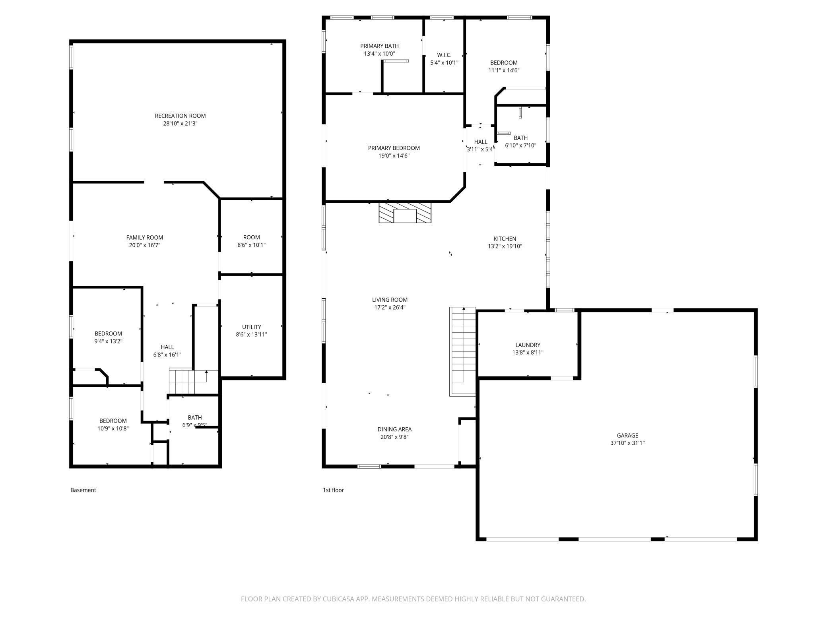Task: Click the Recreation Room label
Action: [180, 116]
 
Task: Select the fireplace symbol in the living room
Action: [405, 213]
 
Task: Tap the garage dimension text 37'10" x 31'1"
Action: [627, 443]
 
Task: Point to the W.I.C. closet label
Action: [444, 55]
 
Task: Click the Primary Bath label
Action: [379, 46]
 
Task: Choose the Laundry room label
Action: [528, 345]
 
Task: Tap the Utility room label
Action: [251, 327]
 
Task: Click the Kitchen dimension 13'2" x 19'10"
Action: [505, 246]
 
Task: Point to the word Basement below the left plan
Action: [83, 490]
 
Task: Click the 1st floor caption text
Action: [333, 490]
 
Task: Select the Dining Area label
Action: [394, 429]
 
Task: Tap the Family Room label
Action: [145, 238]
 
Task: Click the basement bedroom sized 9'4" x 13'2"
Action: [108, 337]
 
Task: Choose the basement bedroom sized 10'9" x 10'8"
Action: [113, 424]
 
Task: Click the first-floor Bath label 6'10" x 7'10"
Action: [520, 138]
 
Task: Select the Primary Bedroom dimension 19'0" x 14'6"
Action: [394, 156]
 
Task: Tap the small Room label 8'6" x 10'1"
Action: [251, 237]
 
